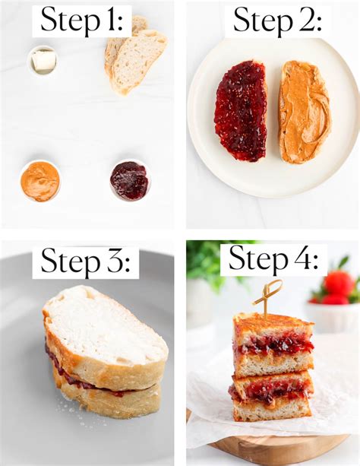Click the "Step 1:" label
(82, 20)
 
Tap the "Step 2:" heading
(277, 20)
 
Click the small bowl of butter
(43, 61)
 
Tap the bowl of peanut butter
(40, 181)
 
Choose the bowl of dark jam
(130, 180)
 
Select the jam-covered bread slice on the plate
(241, 111)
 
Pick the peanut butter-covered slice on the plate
(304, 113)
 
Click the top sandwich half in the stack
(273, 344)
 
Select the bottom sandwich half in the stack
(271, 396)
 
